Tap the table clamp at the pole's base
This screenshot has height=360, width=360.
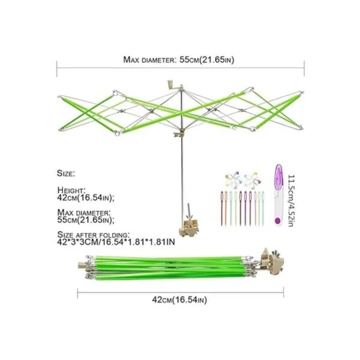tap(189, 228)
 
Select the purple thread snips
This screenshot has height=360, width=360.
tap(278, 195)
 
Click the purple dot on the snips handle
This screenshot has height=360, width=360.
tap(278, 221)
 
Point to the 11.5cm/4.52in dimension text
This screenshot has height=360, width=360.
tap(291, 201)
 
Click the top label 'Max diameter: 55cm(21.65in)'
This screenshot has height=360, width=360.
tap(179, 59)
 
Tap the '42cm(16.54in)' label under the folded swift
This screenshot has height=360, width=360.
tap(179, 300)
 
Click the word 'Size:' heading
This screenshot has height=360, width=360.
tap(66, 173)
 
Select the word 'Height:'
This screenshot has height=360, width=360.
tap(71, 190)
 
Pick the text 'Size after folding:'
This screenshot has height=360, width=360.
tap(94, 235)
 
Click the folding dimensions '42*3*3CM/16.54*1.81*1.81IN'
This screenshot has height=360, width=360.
tap(116, 242)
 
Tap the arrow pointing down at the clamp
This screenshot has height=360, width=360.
tap(190, 211)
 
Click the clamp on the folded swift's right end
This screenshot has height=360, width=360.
tap(272, 261)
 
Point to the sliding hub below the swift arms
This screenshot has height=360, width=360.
tap(180, 134)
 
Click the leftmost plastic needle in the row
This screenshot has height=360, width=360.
tap(222, 208)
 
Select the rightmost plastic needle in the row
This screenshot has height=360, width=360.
tap(263, 208)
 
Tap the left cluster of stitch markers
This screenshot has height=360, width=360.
tap(233, 179)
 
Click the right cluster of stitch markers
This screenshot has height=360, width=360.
tap(253, 179)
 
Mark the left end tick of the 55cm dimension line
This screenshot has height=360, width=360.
tap(57, 68)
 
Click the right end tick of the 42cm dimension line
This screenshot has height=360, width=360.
tap(284, 293)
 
